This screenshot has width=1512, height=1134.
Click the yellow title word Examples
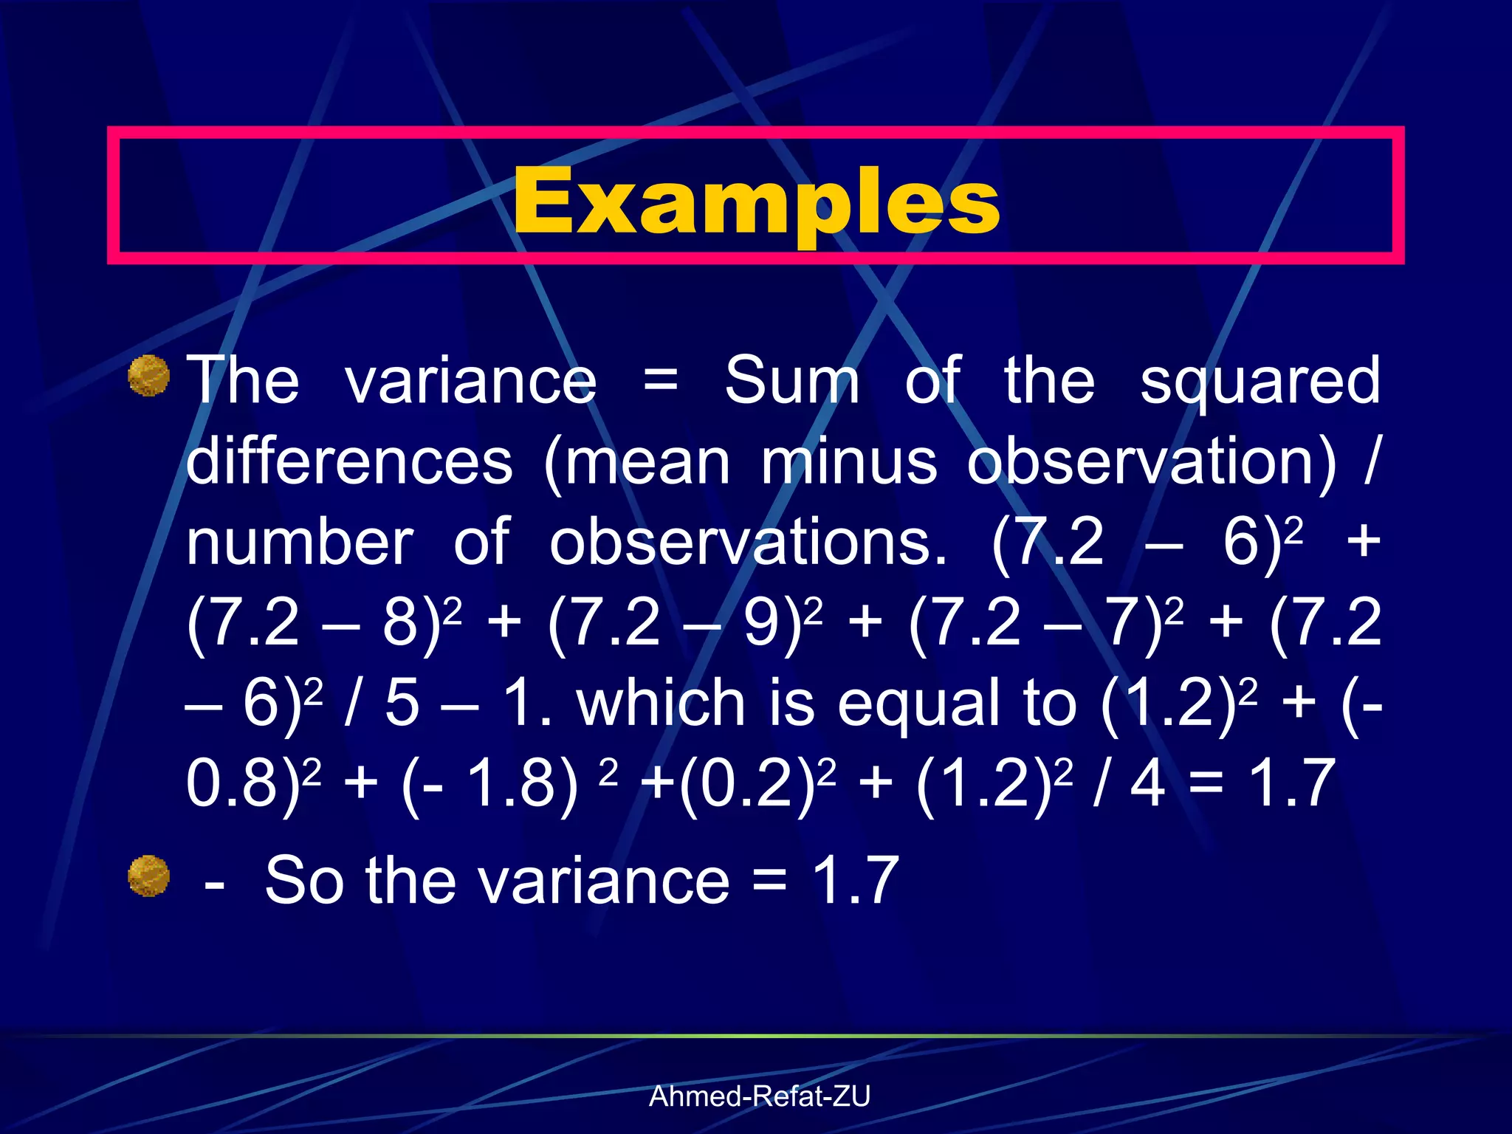(x=756, y=201)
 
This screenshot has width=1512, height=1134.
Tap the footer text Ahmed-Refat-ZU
(x=760, y=1096)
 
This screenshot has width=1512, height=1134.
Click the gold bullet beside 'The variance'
(x=149, y=376)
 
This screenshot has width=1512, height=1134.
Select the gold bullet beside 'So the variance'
(x=149, y=876)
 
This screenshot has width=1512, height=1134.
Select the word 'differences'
(x=349, y=461)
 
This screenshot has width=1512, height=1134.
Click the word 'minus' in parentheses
(x=849, y=461)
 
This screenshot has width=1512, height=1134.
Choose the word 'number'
(x=300, y=543)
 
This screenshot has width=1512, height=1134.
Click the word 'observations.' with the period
(x=748, y=543)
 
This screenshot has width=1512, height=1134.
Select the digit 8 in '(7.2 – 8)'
(x=401, y=622)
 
